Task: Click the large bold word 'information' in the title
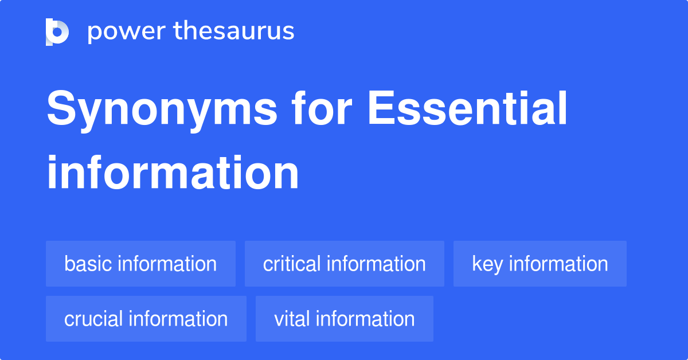173,173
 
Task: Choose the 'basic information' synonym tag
140,264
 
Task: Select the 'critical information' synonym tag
344,264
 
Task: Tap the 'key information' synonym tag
540,264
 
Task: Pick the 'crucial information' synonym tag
146,319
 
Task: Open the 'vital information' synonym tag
344,319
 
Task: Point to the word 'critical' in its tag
292,264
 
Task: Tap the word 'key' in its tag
487,264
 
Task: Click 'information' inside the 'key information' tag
558,264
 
